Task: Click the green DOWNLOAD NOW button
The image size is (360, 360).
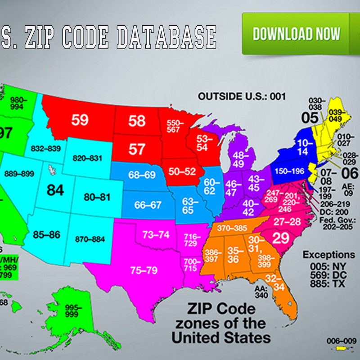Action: pos(297,34)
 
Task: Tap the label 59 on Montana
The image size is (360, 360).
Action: pos(79,120)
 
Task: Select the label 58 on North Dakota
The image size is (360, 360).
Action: pos(137,121)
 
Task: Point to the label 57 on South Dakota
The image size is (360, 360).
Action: pos(137,148)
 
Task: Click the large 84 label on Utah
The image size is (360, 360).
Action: pos(55,190)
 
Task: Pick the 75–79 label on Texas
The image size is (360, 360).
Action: pos(144,270)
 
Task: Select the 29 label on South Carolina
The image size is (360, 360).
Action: pos(281,238)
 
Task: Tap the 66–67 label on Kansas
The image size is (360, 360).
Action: pos(148,205)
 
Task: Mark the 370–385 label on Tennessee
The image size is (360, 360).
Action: pos(232,229)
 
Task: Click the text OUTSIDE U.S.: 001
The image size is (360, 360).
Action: pos(243,96)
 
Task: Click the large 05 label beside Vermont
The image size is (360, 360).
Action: pos(310,118)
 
